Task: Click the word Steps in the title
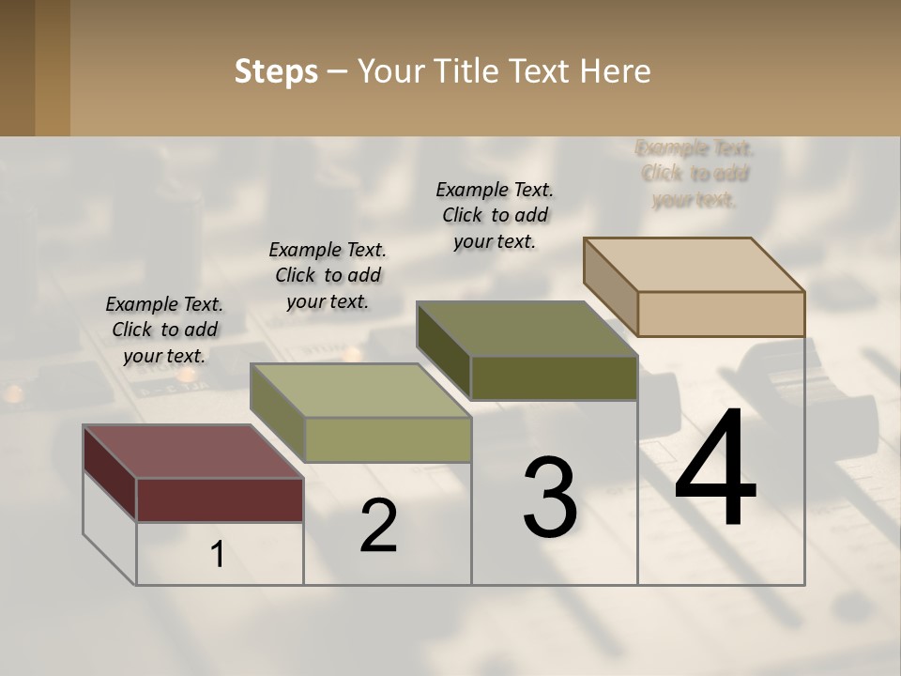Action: tap(276, 71)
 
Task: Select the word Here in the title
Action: tap(616, 71)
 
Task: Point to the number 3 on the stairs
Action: tap(550, 498)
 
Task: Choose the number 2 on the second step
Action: tap(378, 526)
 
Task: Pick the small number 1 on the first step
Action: tap(218, 555)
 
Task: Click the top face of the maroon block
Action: tap(193, 452)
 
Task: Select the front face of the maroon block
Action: tap(220, 499)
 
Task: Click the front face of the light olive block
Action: tap(388, 439)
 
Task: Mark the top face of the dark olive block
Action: tap(527, 329)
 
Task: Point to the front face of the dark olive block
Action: tap(554, 377)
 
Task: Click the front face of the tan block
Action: tap(721, 314)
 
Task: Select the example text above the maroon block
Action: tap(164, 330)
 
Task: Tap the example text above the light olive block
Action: tap(328, 275)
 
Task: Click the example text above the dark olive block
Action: tap(495, 215)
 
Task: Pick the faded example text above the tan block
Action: tap(695, 174)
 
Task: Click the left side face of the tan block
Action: tap(610, 286)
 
